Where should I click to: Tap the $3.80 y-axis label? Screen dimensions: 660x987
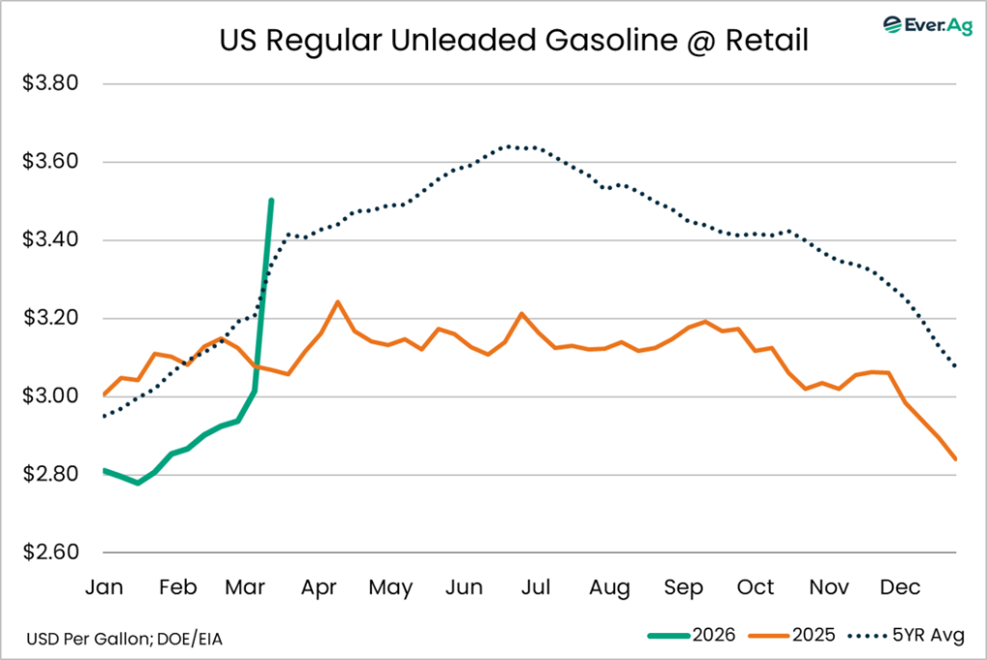50,83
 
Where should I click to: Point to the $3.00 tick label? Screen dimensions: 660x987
50,397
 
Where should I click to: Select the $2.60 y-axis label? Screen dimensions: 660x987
50,553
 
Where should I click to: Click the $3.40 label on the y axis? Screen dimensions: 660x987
50,240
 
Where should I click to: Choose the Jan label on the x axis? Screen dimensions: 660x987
104,588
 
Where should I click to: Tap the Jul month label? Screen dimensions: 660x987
536,588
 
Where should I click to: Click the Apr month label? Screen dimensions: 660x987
319,588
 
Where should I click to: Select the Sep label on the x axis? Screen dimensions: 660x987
682,588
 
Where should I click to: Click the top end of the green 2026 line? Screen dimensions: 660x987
271,201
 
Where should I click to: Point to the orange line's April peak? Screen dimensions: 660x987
337,302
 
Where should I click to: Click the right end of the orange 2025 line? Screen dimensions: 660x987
955,459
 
